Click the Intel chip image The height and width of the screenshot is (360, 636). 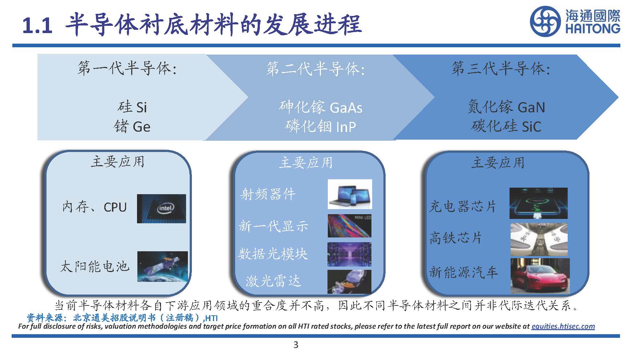click(x=161, y=208)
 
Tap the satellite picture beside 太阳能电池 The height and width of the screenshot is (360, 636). click(x=162, y=266)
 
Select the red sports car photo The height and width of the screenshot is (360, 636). click(x=540, y=276)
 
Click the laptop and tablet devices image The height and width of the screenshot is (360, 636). click(x=350, y=194)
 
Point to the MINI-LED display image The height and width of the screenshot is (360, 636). click(x=349, y=226)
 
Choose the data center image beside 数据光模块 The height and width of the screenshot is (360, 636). click(x=349, y=254)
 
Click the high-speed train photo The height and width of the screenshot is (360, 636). click(x=539, y=239)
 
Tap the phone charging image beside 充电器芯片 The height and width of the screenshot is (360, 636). click(x=538, y=203)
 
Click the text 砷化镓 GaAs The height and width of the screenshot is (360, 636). click(x=321, y=107)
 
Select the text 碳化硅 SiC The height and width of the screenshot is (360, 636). click(x=506, y=126)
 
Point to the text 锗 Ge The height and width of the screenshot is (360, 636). click(x=132, y=127)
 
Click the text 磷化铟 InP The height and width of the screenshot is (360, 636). click(x=320, y=127)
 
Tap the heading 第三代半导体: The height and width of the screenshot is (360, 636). click(x=500, y=69)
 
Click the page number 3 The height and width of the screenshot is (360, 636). click(x=295, y=345)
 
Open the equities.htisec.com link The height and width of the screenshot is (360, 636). click(x=563, y=326)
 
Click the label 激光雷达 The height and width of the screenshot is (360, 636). click(x=274, y=281)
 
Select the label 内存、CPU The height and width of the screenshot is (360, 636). click(x=94, y=207)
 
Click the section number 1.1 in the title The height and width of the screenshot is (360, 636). click(x=37, y=26)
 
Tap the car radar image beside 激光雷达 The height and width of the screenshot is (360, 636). click(x=349, y=281)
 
